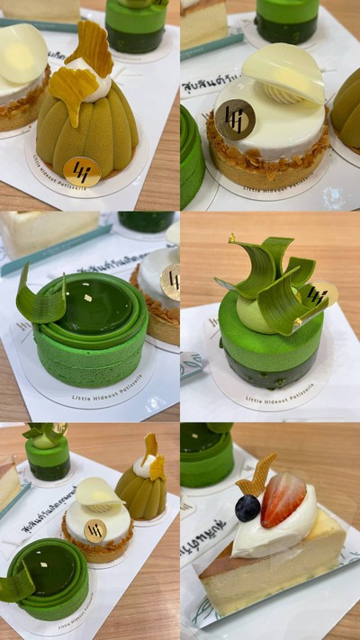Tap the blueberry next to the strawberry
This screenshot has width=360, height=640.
pos(247,508)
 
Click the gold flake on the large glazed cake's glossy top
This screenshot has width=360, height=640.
pos(87,298)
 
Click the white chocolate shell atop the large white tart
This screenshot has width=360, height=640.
pos(284,71)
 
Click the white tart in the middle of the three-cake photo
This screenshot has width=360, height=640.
pos(95,527)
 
